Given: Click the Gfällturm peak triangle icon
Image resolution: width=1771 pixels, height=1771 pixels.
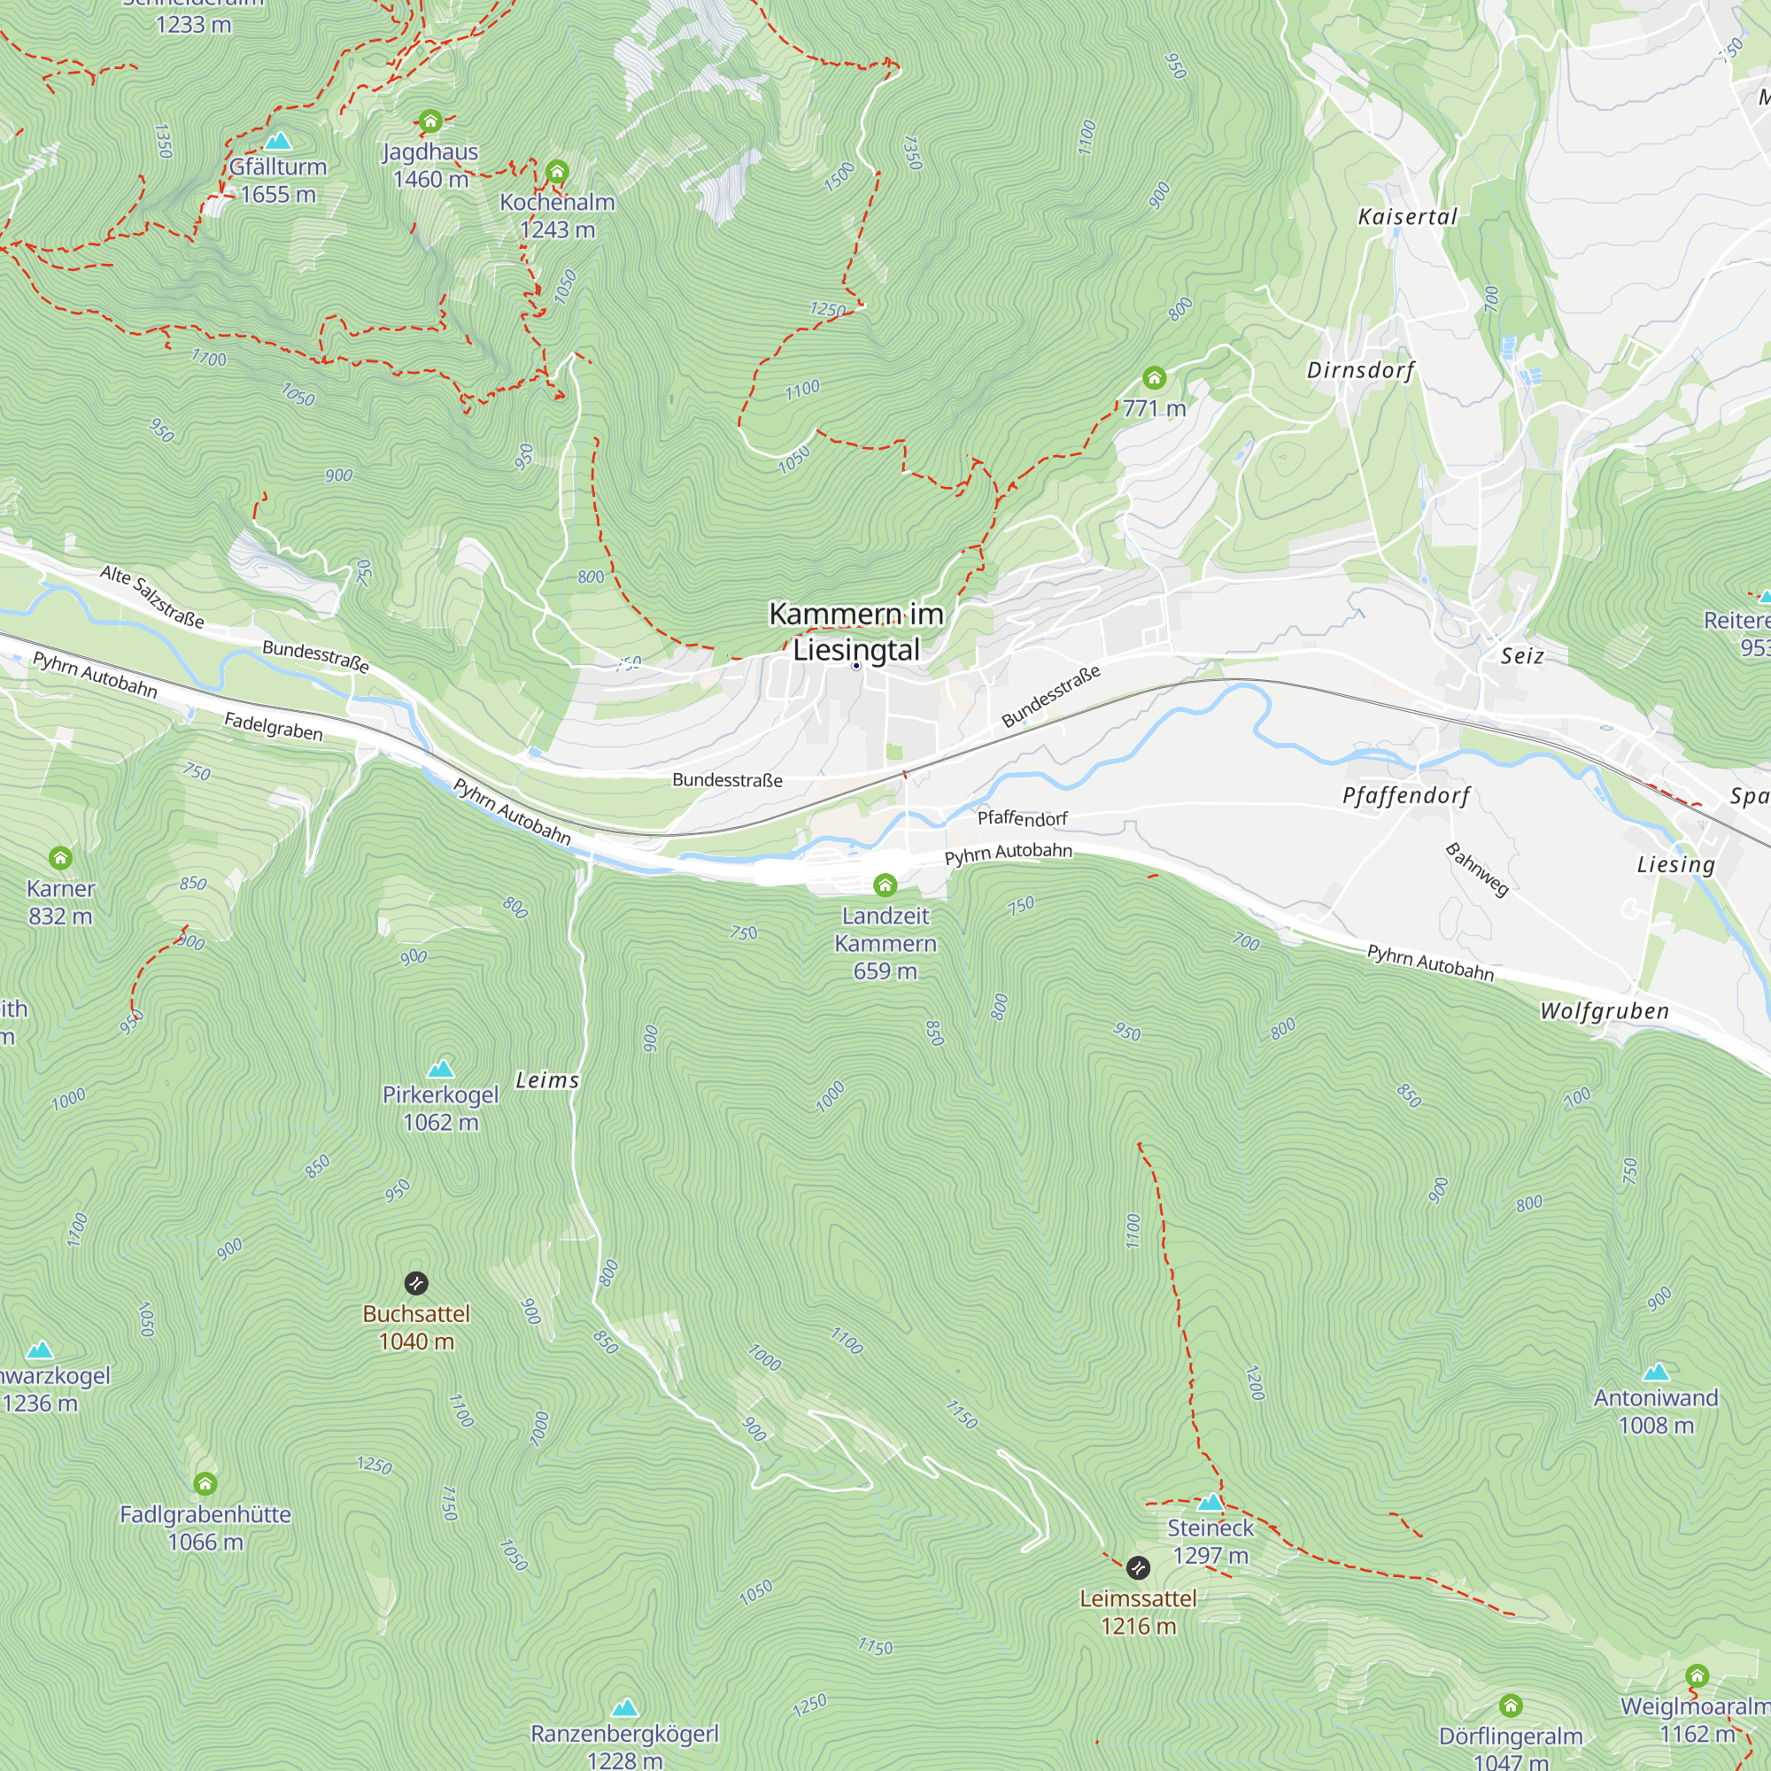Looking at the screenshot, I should pos(278,141).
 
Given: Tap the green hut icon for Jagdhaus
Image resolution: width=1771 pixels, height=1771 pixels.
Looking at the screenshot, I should pos(431,121).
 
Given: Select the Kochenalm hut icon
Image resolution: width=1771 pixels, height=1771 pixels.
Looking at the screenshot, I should pos(557,172).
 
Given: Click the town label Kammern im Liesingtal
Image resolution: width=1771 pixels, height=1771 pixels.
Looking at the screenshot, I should pos(856,631).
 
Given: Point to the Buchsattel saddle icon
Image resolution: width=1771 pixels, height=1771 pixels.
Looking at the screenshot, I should pos(416,1282).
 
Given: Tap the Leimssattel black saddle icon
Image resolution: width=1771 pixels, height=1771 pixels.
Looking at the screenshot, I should pos(1138,1567).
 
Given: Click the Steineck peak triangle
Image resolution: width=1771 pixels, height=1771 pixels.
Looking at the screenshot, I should pos(1210,1503).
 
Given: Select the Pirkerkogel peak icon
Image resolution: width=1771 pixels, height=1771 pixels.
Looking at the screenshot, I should pos(441,1069).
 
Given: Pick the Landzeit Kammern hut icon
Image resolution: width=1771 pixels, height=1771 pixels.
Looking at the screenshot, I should pos(885,885).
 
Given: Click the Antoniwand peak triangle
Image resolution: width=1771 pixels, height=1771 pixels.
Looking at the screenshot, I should pos(1656,1373).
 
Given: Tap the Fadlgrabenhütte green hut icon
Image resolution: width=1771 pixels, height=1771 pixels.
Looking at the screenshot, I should pos(205,1483).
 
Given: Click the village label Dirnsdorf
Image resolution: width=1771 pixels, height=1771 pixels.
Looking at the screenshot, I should pos(1360,370).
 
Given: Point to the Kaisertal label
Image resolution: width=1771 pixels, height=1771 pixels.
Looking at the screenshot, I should pos(1407,217).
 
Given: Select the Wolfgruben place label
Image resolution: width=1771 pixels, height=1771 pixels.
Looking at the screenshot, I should pos(1605,1011).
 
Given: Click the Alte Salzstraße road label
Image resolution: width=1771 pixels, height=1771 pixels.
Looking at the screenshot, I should pos(152,597).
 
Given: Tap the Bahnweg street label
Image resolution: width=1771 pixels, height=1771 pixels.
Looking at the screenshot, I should pos(1477,869).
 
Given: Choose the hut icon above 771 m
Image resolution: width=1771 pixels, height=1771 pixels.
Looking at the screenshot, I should pos(1154,378).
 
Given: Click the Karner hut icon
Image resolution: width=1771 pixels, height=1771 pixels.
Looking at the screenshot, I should pos(60,858).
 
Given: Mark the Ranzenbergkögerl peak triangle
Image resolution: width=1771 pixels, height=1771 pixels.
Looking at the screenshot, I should pos(625,1707).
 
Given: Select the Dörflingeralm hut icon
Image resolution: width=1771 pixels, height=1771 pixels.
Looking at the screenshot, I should pos(1512,1705).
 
